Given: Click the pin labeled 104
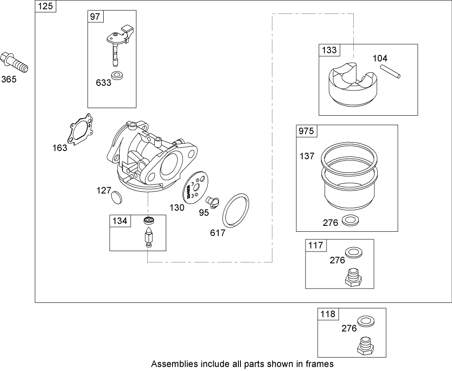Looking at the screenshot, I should click(x=390, y=71).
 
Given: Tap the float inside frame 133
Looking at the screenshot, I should click(x=351, y=85).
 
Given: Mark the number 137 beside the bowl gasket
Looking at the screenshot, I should click(x=306, y=156).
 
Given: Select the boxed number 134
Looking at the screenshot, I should click(x=120, y=221).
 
